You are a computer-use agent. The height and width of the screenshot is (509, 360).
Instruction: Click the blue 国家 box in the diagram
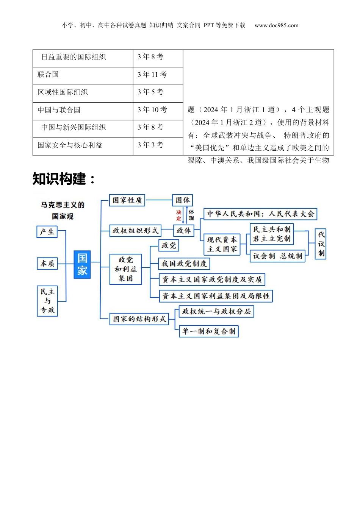[x=82, y=264]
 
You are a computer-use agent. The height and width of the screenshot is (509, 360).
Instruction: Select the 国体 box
[x=183, y=200]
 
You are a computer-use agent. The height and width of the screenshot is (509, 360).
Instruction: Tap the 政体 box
[x=184, y=230]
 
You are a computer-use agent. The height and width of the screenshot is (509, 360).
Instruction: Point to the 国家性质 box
[x=127, y=200]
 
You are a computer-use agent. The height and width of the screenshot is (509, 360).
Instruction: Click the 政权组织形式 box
[x=135, y=230]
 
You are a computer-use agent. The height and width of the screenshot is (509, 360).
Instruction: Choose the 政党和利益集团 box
[x=125, y=269]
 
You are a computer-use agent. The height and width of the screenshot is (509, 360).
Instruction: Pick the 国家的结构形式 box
[x=139, y=319]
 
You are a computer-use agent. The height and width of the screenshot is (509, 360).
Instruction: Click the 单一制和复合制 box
[x=209, y=331]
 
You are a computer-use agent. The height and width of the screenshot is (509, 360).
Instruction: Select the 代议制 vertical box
[x=321, y=244]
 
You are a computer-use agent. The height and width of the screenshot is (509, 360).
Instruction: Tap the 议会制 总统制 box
[x=277, y=256]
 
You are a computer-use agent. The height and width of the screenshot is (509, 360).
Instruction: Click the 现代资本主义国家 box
[x=222, y=244]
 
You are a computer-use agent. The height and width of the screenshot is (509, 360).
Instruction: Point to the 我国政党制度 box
[x=184, y=263]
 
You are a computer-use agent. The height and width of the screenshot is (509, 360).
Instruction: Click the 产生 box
[x=47, y=232]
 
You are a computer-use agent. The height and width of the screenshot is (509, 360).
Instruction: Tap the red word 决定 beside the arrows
[x=178, y=215]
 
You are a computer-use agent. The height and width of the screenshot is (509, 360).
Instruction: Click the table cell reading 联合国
[x=48, y=75]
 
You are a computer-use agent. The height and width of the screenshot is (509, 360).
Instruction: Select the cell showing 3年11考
[x=152, y=75]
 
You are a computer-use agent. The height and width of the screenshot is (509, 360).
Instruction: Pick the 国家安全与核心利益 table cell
[x=70, y=145]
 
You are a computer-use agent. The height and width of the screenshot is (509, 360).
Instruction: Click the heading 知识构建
[x=64, y=179]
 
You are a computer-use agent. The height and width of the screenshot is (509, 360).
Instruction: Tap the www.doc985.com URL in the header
[x=276, y=25]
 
